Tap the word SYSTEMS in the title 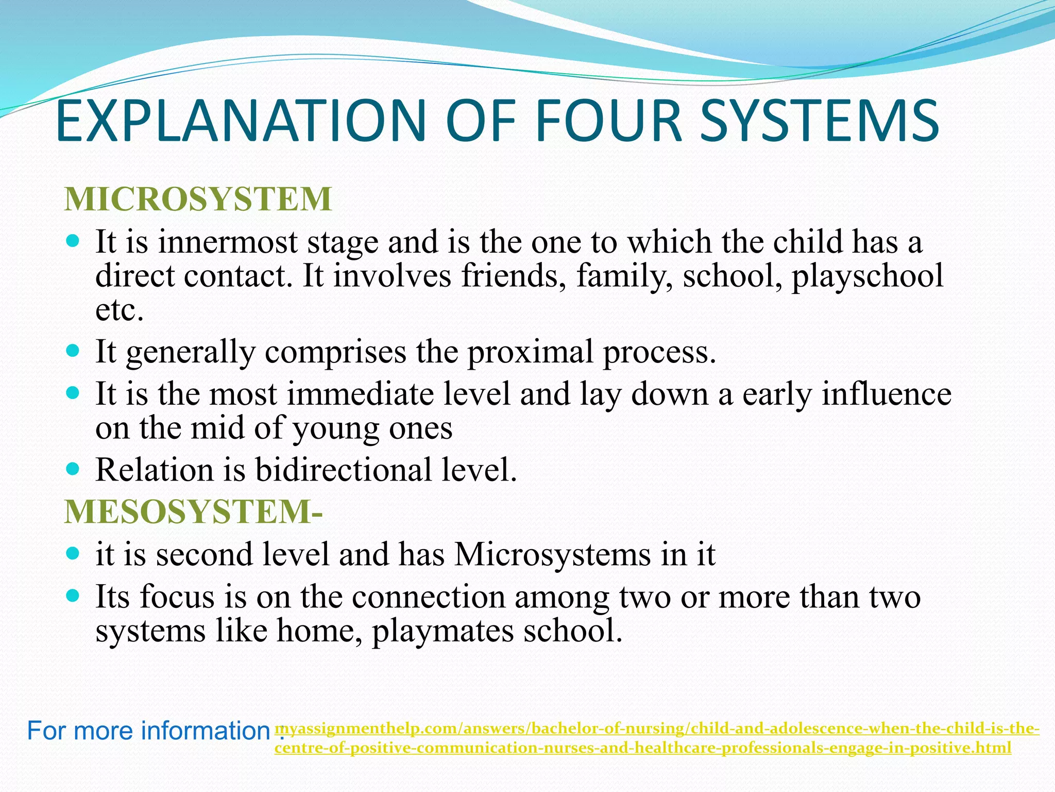[x=820, y=122]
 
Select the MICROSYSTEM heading [x=198, y=199]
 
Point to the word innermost [x=228, y=242]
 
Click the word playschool [x=867, y=276]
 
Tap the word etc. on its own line [x=120, y=310]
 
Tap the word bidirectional [x=344, y=470]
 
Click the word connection [x=429, y=597]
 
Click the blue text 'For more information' [x=149, y=731]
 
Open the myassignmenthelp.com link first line [x=657, y=729]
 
